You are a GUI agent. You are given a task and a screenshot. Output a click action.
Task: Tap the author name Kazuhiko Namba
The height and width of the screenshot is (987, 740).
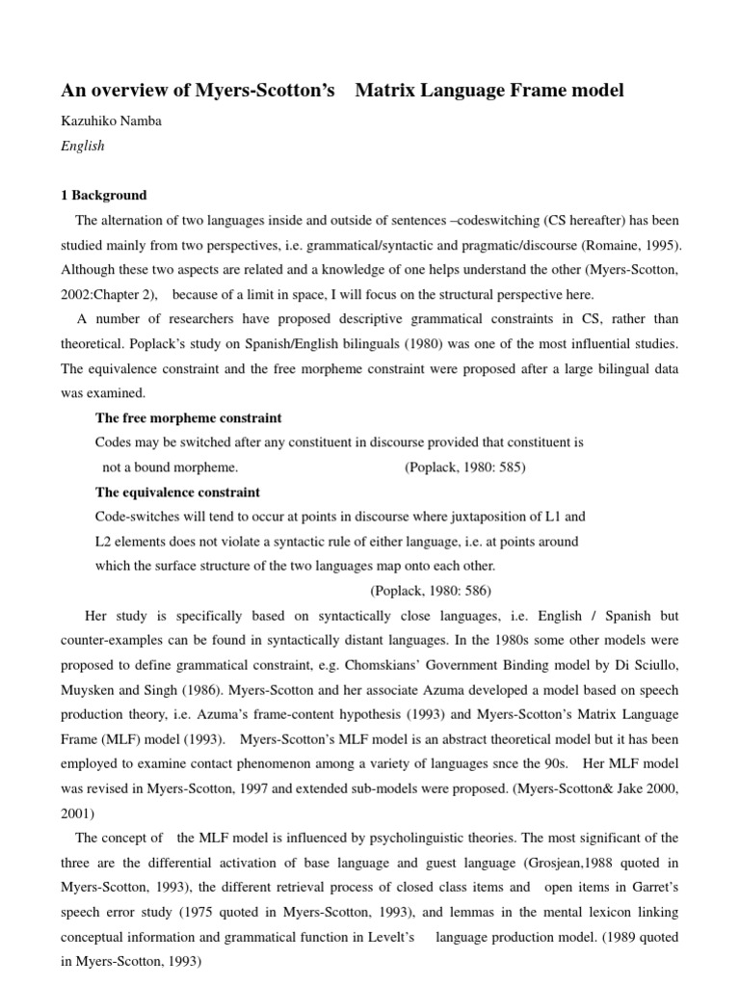click(x=112, y=121)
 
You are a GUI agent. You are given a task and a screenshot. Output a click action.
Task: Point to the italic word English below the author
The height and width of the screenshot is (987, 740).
click(x=83, y=147)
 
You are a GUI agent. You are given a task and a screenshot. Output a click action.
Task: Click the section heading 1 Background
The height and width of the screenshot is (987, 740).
click(x=104, y=195)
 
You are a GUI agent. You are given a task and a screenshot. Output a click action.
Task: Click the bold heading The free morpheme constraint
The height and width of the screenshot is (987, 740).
click(x=188, y=418)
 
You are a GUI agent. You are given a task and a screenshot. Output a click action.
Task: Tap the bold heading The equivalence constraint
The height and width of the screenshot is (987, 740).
click(x=177, y=493)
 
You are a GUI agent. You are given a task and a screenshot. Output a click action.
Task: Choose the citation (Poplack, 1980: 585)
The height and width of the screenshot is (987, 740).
click(x=464, y=467)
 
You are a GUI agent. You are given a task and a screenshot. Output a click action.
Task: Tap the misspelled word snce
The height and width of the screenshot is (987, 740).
click(x=532, y=762)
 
